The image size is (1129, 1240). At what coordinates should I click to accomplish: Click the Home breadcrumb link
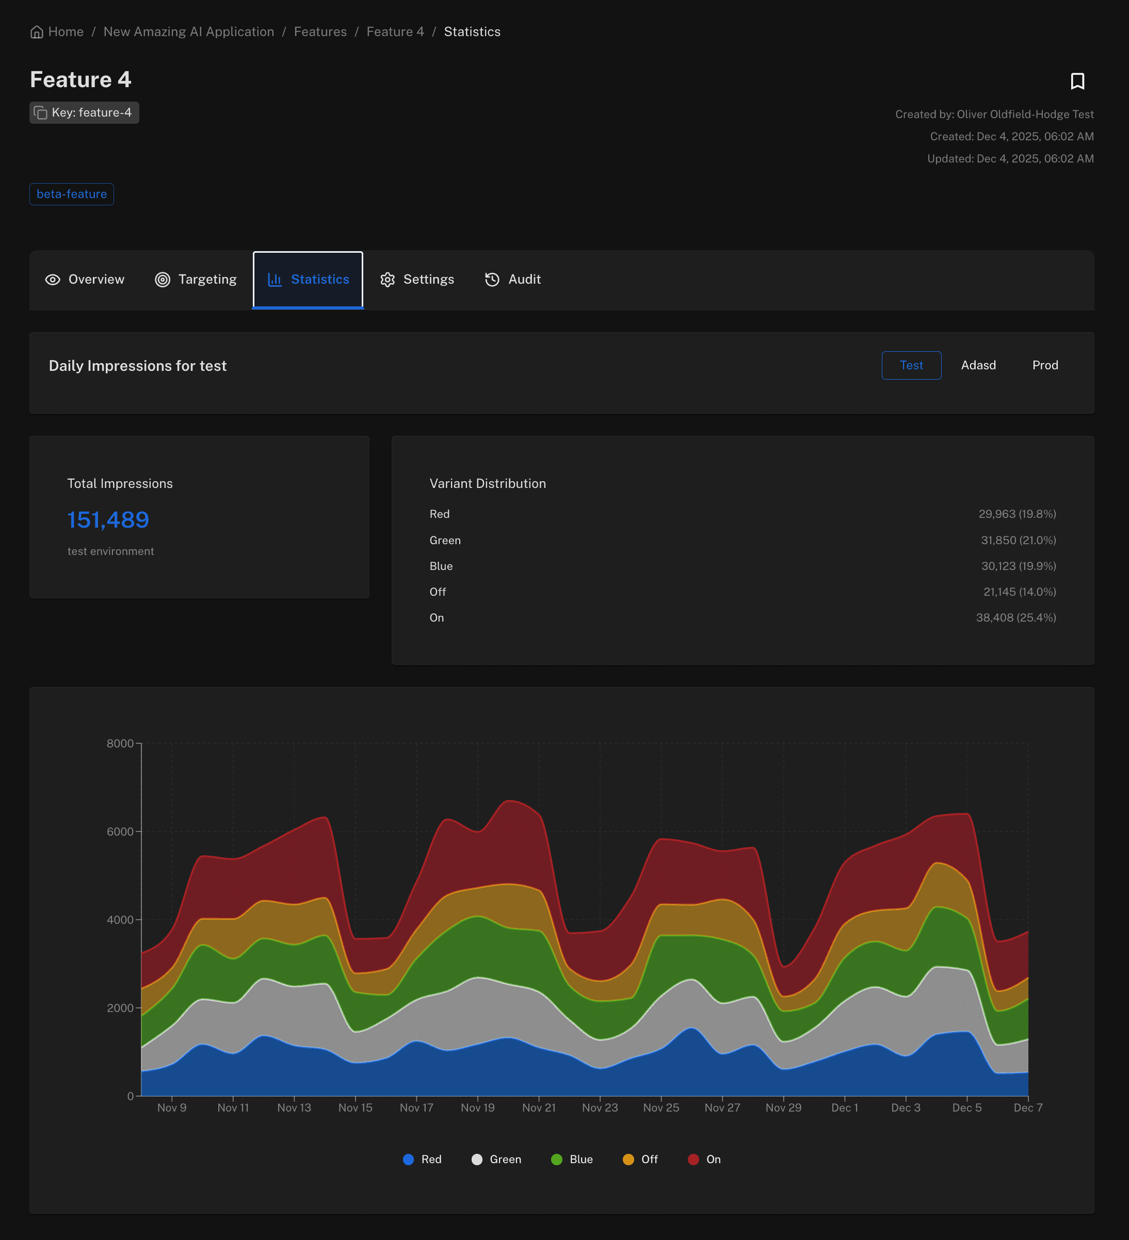[x=57, y=32]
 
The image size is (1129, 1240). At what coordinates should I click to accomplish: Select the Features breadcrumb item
[x=320, y=32]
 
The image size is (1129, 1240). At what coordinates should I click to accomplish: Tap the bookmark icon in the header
[x=1077, y=81]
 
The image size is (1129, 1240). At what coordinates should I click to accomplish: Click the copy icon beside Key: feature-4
[x=41, y=112]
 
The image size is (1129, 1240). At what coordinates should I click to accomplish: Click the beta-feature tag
[x=71, y=194]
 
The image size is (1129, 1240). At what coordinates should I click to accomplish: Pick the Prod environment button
[x=1045, y=365]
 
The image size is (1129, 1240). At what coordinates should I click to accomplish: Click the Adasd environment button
[x=978, y=365]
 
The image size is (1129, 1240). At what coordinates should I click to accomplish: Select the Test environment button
[x=911, y=365]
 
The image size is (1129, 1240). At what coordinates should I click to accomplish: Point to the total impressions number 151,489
[x=108, y=520]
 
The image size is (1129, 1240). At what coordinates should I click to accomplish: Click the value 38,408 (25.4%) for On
[x=1016, y=617]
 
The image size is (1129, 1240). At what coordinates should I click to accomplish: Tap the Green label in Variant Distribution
[x=445, y=540]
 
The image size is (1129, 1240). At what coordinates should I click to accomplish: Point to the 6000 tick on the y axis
[x=120, y=831]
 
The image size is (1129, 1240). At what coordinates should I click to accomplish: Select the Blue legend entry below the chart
[x=572, y=1160]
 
